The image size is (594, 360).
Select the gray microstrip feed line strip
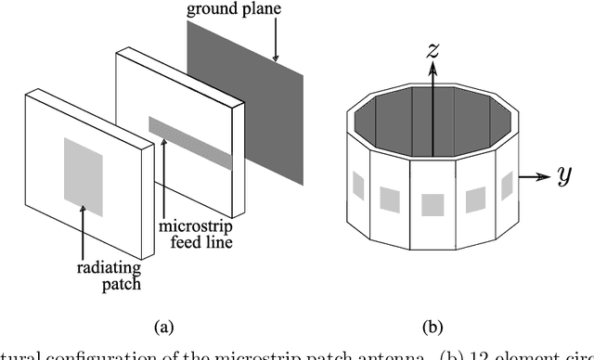189,143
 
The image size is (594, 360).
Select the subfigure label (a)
162,326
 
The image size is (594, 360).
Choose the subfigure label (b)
433,326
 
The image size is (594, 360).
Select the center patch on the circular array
433,203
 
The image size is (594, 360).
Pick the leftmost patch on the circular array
357,186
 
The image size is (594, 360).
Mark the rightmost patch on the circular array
507,186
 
